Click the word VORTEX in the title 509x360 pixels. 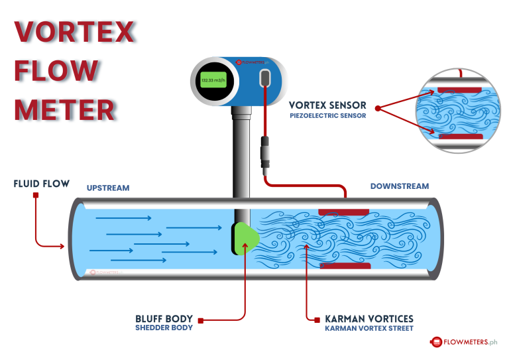(75, 33)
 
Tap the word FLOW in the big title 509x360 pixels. (56, 72)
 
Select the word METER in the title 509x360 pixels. (64, 109)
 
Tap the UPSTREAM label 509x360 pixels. (108, 188)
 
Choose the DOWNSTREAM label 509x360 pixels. (399, 186)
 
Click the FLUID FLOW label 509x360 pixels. (41, 183)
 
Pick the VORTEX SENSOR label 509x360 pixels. (327, 105)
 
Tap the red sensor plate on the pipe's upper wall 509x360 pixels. (343, 211)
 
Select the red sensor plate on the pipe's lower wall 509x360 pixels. (345, 265)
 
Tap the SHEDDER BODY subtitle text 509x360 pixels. (164, 328)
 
